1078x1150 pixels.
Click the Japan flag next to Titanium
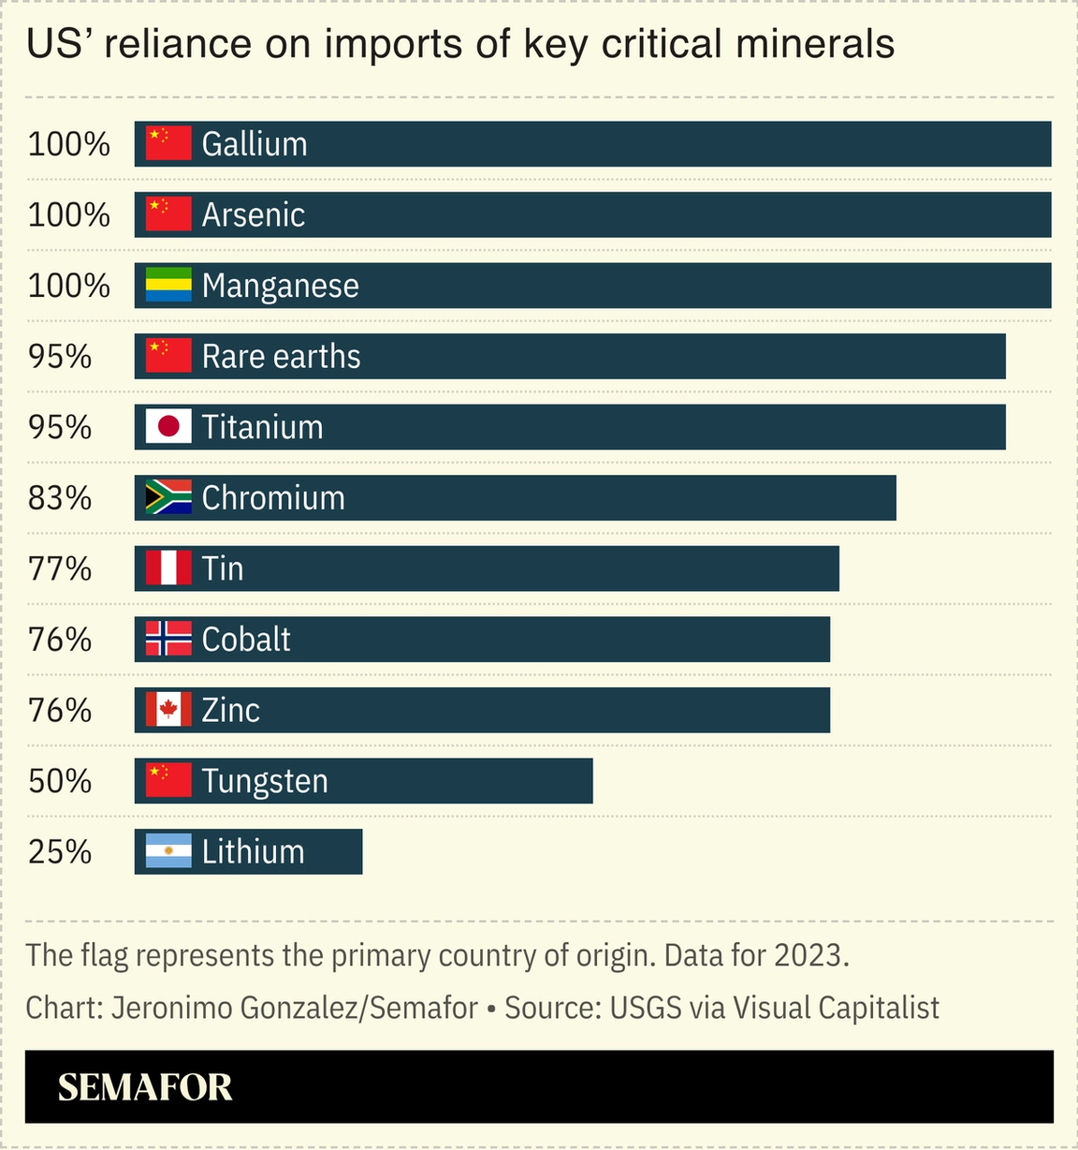[x=168, y=427]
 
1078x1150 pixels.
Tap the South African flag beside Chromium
[x=168, y=498]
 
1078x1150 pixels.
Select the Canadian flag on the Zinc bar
[x=168, y=710]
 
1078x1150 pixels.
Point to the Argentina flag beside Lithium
[x=168, y=851]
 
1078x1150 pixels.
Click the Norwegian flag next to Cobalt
[x=168, y=639]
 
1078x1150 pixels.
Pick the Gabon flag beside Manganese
[x=168, y=286]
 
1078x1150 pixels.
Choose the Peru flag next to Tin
[x=168, y=568]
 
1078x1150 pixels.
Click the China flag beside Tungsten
[x=168, y=780]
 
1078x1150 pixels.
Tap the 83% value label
[x=60, y=498]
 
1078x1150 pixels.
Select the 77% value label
[x=60, y=568]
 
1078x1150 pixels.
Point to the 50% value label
[x=60, y=780]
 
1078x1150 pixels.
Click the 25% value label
[x=60, y=851]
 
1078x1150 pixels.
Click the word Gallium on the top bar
[x=255, y=144]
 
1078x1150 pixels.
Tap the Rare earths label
[x=281, y=357]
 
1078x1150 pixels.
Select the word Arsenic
[x=254, y=215]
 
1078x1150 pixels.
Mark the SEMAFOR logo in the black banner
[x=145, y=1087]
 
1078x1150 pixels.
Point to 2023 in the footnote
[x=810, y=955]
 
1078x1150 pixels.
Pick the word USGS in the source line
[x=646, y=1008]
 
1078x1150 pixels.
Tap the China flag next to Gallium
[x=168, y=144]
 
